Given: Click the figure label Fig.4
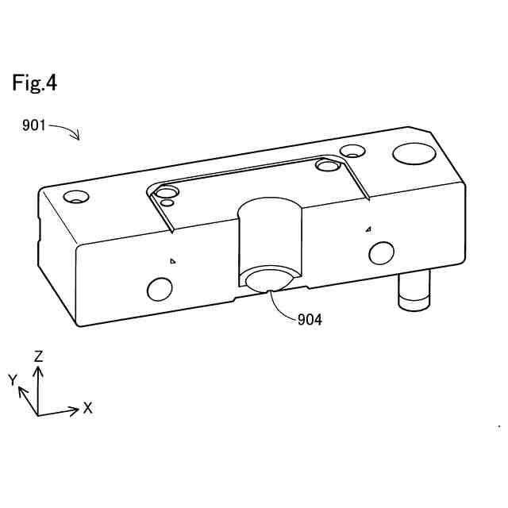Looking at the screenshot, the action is click(x=34, y=83).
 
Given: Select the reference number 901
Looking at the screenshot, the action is click(x=34, y=125).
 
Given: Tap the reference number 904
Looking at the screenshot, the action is click(x=310, y=320).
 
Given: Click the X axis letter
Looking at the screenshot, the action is click(x=88, y=408).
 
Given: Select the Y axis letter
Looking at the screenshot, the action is click(x=13, y=381).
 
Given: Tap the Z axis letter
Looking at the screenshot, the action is click(x=37, y=356).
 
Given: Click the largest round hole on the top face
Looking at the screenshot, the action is click(x=412, y=153).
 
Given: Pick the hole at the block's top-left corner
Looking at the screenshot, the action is click(x=76, y=197).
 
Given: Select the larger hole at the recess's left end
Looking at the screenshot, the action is click(x=167, y=193).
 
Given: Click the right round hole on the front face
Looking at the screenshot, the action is click(x=382, y=253).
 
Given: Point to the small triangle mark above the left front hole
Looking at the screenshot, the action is click(x=172, y=260).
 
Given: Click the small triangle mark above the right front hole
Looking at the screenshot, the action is click(x=368, y=229).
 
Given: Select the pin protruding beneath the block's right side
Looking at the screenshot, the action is click(x=414, y=291).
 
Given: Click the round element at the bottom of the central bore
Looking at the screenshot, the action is click(x=269, y=281).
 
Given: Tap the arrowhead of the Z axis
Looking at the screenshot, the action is click(x=37, y=367).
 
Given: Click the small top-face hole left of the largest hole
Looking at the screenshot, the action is click(x=351, y=150).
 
